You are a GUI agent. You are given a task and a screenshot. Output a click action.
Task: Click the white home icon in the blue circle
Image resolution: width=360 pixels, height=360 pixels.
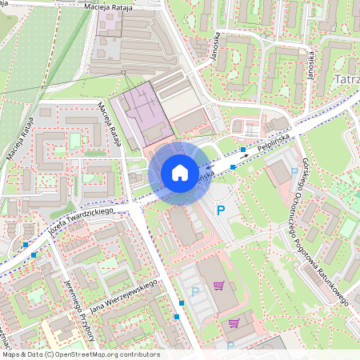click(179, 173)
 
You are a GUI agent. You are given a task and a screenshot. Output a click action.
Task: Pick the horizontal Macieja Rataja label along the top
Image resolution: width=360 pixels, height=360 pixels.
click(108, 6)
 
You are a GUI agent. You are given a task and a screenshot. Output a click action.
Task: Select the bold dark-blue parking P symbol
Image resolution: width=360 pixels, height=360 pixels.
click(222, 210)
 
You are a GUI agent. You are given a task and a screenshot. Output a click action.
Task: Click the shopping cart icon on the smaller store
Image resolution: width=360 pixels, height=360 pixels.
click(234, 324)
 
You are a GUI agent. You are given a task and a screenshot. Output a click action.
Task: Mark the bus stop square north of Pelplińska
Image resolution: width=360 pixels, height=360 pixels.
click(243, 150)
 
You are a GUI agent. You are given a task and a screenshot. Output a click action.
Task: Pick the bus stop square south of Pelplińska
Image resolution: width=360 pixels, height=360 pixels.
click(232, 166)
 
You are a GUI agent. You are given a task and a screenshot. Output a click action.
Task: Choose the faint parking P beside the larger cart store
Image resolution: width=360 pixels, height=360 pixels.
click(195, 292)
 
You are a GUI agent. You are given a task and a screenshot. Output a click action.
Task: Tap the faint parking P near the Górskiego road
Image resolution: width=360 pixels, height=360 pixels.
click(294, 172)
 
